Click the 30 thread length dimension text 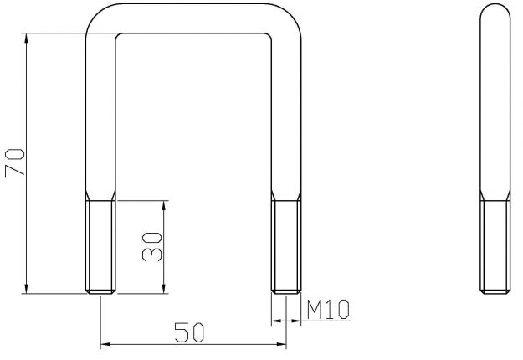click(151, 246)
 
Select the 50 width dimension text click(192, 332)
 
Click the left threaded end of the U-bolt click(100, 247)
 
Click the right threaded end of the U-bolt click(286, 247)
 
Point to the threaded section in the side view click(493, 247)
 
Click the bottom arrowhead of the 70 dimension click(28, 288)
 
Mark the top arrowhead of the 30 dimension click(166, 206)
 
